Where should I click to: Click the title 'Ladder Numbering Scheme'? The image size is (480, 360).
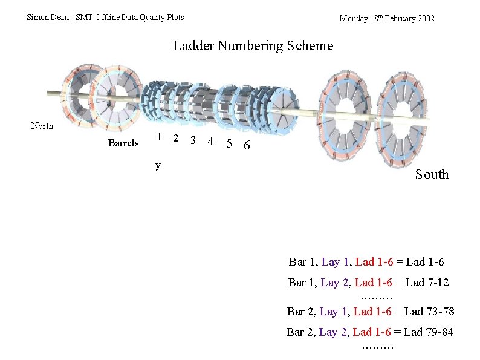253,46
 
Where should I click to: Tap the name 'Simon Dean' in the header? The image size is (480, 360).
47,17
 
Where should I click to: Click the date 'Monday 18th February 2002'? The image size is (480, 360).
387,18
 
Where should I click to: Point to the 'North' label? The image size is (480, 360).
42,126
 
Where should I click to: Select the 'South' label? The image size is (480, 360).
432,174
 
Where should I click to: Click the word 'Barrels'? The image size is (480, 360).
123,143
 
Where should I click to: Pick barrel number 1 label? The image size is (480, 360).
159,137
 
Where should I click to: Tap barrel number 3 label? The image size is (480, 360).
193,140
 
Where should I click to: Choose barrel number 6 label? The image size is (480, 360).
247,145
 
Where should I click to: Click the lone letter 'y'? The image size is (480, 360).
158,166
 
